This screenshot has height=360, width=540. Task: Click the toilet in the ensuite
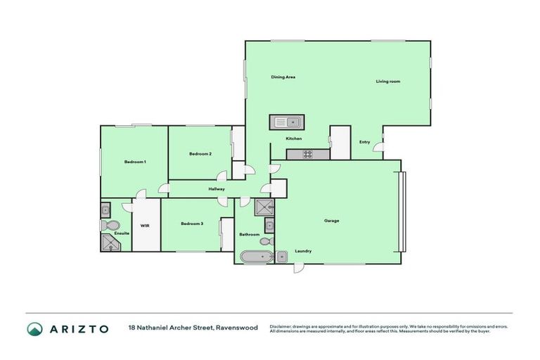pos(109,226)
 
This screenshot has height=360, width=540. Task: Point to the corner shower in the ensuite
pos(110,243)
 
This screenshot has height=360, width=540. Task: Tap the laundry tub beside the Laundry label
pos(281,256)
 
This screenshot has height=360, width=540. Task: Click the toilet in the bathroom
pos(265,241)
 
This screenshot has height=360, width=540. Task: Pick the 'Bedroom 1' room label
pos(135,162)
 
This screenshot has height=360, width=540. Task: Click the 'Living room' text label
pos(387,82)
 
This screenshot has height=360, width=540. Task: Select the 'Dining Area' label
pos(283,77)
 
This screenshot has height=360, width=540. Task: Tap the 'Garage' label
pos(331,221)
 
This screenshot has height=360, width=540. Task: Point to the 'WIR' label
pos(144,226)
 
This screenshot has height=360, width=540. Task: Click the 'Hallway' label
pos(217,189)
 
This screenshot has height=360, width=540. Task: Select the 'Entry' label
pos(364,142)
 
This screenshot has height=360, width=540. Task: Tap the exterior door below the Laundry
pos(298,269)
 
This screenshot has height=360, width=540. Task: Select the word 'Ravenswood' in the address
pos(238,328)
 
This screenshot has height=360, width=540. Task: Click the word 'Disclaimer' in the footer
pos(282,326)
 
